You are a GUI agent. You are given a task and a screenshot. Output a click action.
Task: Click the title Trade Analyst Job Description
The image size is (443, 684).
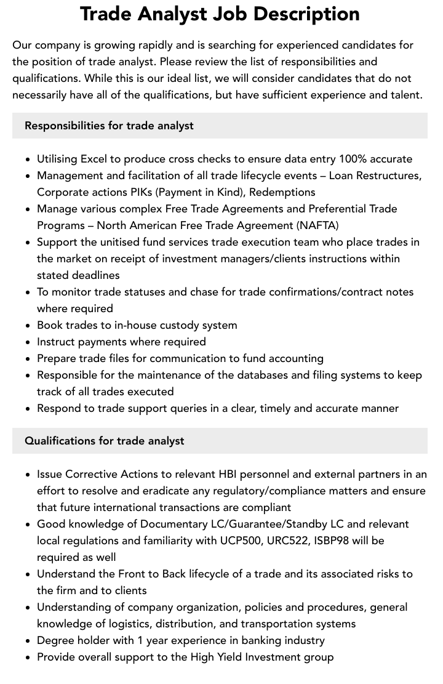point(220,14)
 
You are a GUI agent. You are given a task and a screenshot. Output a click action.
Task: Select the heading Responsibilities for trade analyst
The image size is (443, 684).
point(109,126)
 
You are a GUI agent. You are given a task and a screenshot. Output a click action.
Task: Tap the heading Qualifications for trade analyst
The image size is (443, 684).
point(105,441)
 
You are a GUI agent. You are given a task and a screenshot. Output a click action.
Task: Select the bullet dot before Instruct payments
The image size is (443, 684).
point(28,342)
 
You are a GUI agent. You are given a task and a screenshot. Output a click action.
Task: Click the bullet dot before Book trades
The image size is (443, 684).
point(28,326)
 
